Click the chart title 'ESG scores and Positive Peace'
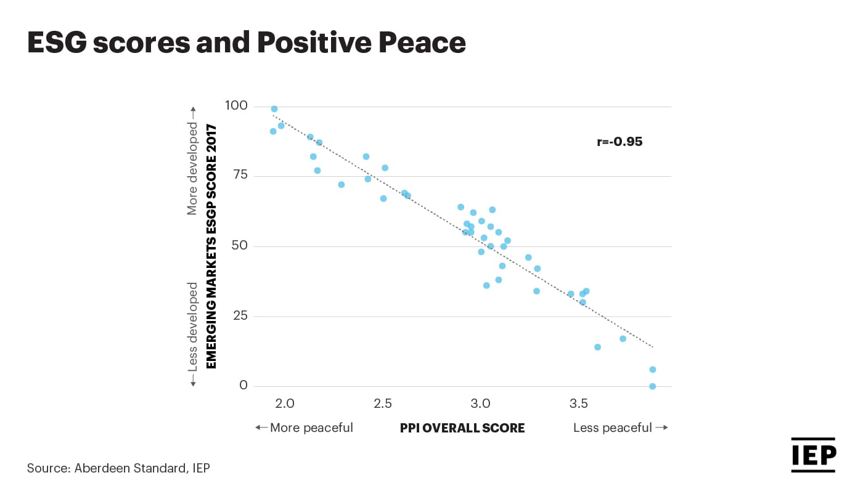tap(246, 43)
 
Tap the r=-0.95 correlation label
tap(620, 142)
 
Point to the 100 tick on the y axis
tap(235, 106)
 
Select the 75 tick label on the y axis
tap(239, 175)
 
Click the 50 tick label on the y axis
tap(239, 246)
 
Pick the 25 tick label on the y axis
tap(239, 315)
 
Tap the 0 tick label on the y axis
tap(243, 386)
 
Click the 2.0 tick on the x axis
tap(285, 404)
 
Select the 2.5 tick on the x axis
tap(383, 404)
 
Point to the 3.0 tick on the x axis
tap(480, 404)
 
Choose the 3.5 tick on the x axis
tap(578, 404)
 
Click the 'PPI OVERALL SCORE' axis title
tap(462, 428)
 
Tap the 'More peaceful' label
tap(305, 428)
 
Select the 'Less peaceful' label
tap(620, 428)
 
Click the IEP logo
tap(813, 455)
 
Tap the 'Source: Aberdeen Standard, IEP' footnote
tap(118, 468)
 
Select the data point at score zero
tap(652, 386)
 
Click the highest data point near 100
tap(274, 109)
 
